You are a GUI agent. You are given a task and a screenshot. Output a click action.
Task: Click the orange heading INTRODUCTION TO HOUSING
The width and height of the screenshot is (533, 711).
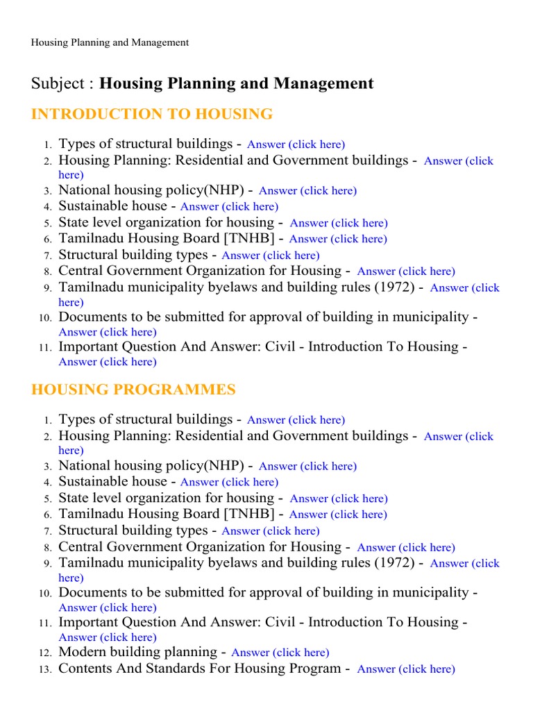click(x=152, y=114)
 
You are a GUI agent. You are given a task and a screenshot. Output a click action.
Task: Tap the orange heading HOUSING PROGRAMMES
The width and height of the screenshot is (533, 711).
click(x=133, y=390)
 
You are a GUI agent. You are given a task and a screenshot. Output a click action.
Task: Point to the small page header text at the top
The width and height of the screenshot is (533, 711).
click(x=110, y=42)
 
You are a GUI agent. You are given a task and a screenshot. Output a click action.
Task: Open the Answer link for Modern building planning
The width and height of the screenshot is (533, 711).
click(x=280, y=653)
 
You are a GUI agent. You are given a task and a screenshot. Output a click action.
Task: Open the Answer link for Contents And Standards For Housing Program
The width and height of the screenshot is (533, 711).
click(x=405, y=669)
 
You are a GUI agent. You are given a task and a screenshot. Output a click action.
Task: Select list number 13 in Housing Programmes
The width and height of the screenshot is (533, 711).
click(x=46, y=669)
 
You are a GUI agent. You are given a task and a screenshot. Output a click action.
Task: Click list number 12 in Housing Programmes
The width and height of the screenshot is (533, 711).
click(x=46, y=653)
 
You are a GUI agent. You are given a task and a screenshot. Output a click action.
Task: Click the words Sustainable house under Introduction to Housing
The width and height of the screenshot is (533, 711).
click(x=112, y=206)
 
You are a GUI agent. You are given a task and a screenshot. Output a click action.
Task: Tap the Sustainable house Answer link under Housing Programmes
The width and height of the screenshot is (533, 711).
click(x=229, y=482)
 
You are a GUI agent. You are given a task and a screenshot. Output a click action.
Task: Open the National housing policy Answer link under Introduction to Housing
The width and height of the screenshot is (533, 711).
click(x=307, y=191)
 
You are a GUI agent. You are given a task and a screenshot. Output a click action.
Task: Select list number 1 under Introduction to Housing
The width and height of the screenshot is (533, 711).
click(x=47, y=145)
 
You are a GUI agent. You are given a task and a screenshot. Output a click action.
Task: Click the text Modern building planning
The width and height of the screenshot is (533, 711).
click(x=137, y=652)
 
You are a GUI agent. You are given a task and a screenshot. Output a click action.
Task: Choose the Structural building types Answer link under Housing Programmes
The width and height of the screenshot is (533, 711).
click(x=270, y=531)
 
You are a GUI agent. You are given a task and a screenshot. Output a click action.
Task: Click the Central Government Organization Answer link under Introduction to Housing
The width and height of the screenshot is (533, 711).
click(x=406, y=271)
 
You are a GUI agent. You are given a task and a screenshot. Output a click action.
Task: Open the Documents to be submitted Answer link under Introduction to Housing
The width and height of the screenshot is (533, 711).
click(x=108, y=332)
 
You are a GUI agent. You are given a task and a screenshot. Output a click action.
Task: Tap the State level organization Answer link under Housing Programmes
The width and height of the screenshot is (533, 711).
click(x=338, y=499)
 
